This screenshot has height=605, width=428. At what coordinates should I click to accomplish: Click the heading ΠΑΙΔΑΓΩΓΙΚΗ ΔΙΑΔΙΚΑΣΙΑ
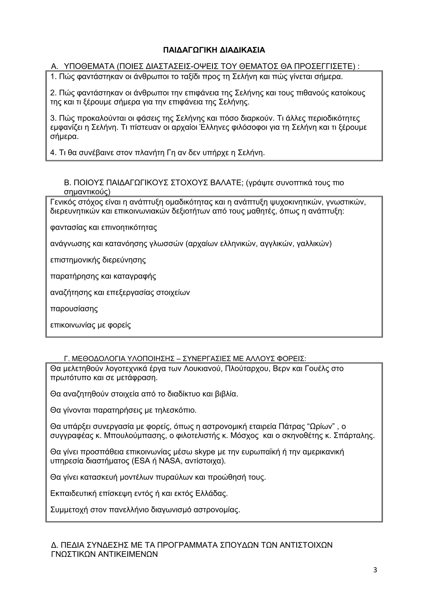[x=214, y=50]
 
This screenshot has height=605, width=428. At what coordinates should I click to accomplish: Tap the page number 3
[x=375, y=570]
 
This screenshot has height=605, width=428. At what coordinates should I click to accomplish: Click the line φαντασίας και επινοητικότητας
[x=103, y=227]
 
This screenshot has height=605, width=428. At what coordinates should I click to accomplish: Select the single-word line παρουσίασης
[x=74, y=309]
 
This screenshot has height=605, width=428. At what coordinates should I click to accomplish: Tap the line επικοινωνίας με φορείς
[x=90, y=325]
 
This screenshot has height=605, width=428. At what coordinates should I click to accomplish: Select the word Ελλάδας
[x=211, y=494]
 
